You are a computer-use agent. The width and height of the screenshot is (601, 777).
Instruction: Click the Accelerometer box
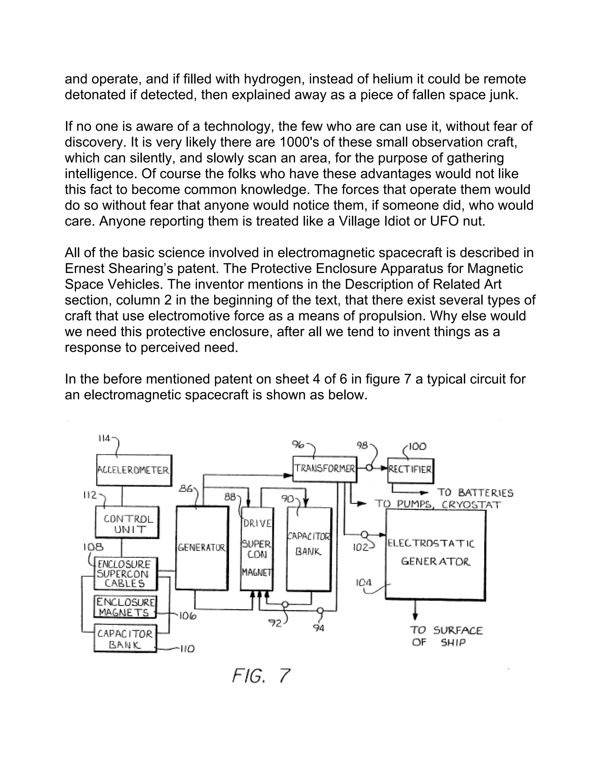[x=134, y=470]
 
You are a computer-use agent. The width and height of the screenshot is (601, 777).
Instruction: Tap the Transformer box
[x=324, y=469]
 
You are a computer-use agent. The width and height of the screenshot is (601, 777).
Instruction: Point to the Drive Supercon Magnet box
[x=257, y=549]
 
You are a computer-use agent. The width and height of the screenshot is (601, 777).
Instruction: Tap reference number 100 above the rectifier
[x=417, y=447]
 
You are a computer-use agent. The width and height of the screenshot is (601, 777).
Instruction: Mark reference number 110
[x=187, y=649]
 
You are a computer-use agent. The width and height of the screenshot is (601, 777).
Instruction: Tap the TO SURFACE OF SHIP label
[x=446, y=636]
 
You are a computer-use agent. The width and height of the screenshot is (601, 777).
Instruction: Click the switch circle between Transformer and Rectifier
[x=369, y=468]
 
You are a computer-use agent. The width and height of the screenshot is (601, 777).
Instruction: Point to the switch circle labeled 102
[x=364, y=534]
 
